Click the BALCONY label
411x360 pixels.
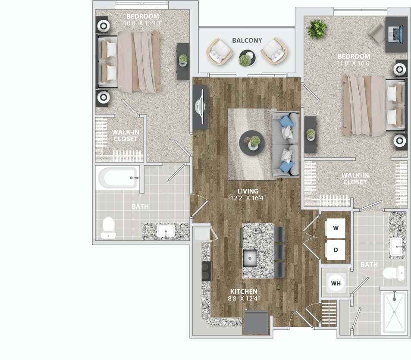click(x=247, y=41)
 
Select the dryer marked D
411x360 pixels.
click(x=336, y=250)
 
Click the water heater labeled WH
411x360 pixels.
click(x=336, y=284)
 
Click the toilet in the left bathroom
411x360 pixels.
click(x=108, y=228)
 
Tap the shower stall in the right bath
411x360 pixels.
click(x=394, y=312)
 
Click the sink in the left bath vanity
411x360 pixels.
click(x=165, y=232)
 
